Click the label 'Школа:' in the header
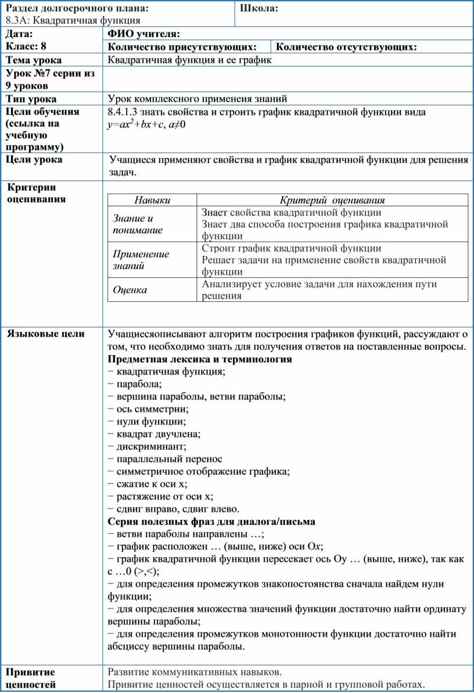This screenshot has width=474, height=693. click(x=259, y=8)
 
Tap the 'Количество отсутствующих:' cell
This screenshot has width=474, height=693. click(x=346, y=47)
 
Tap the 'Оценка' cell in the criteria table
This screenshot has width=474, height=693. click(x=130, y=289)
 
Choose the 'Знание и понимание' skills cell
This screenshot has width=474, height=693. click(x=138, y=224)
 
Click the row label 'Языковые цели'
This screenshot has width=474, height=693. click(x=45, y=334)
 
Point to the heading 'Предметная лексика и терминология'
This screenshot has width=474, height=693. click(x=200, y=359)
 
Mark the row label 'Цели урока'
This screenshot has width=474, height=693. click(x=34, y=160)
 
